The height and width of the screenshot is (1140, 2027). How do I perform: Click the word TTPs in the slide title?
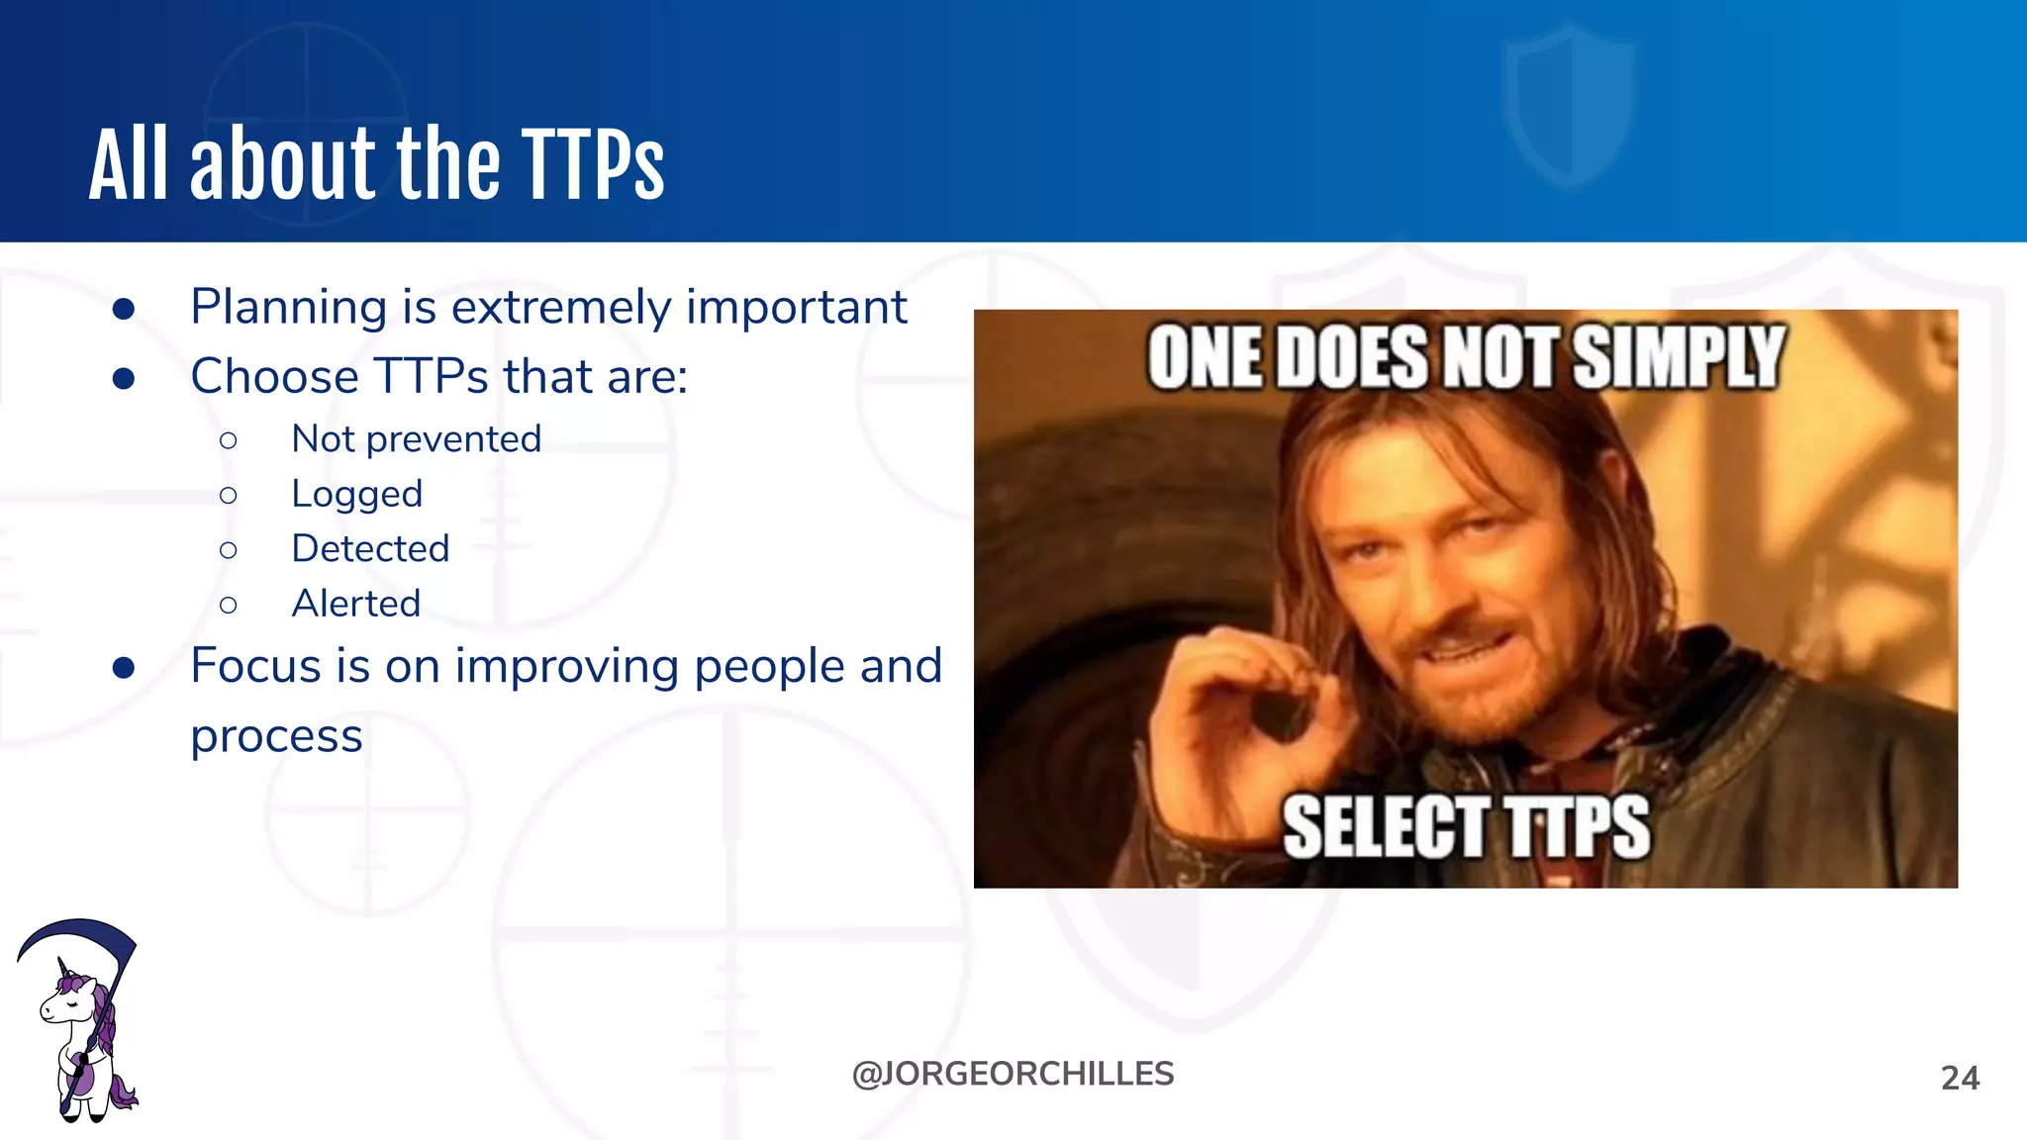point(592,165)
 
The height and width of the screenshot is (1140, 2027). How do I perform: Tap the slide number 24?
point(1960,1078)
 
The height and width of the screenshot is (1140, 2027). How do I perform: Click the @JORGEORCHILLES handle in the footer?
point(1013,1074)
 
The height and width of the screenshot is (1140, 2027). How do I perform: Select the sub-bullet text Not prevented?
point(416,439)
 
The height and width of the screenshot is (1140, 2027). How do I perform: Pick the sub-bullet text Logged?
point(356,494)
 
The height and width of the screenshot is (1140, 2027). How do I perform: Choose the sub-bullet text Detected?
point(370,548)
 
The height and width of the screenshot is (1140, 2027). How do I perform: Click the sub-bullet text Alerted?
point(355,604)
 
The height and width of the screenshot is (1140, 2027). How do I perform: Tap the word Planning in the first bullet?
point(288,308)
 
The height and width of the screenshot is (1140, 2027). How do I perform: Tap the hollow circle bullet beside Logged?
point(229,495)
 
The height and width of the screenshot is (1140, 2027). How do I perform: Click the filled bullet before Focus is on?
point(124,668)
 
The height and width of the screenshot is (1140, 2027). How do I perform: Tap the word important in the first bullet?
point(796,308)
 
